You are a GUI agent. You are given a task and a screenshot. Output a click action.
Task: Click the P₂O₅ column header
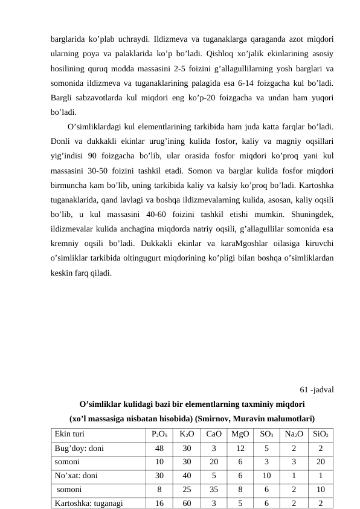click(159, 434)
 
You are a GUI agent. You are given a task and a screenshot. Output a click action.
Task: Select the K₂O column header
click(187, 434)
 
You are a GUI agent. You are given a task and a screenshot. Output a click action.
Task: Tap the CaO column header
click(214, 434)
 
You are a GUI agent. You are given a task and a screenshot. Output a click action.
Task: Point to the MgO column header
click(240, 434)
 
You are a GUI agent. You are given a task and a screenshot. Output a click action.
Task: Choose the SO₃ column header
click(266, 434)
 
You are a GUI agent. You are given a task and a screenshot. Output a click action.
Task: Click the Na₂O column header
click(294, 434)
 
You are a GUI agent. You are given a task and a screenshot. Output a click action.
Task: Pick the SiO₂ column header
click(321, 434)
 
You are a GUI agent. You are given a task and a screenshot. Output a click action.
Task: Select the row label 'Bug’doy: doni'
click(79, 448)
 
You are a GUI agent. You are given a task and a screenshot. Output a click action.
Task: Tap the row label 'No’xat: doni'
click(79, 475)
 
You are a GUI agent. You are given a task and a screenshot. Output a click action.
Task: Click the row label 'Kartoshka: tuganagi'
click(89, 502)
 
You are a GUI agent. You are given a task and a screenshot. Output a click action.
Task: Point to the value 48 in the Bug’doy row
click(159, 448)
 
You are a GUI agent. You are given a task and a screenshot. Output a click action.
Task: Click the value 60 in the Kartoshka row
click(187, 502)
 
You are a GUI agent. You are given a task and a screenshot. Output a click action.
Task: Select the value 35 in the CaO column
click(214, 489)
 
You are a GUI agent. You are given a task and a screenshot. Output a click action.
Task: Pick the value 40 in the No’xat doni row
click(187, 475)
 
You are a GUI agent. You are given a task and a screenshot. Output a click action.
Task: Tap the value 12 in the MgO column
click(240, 448)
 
